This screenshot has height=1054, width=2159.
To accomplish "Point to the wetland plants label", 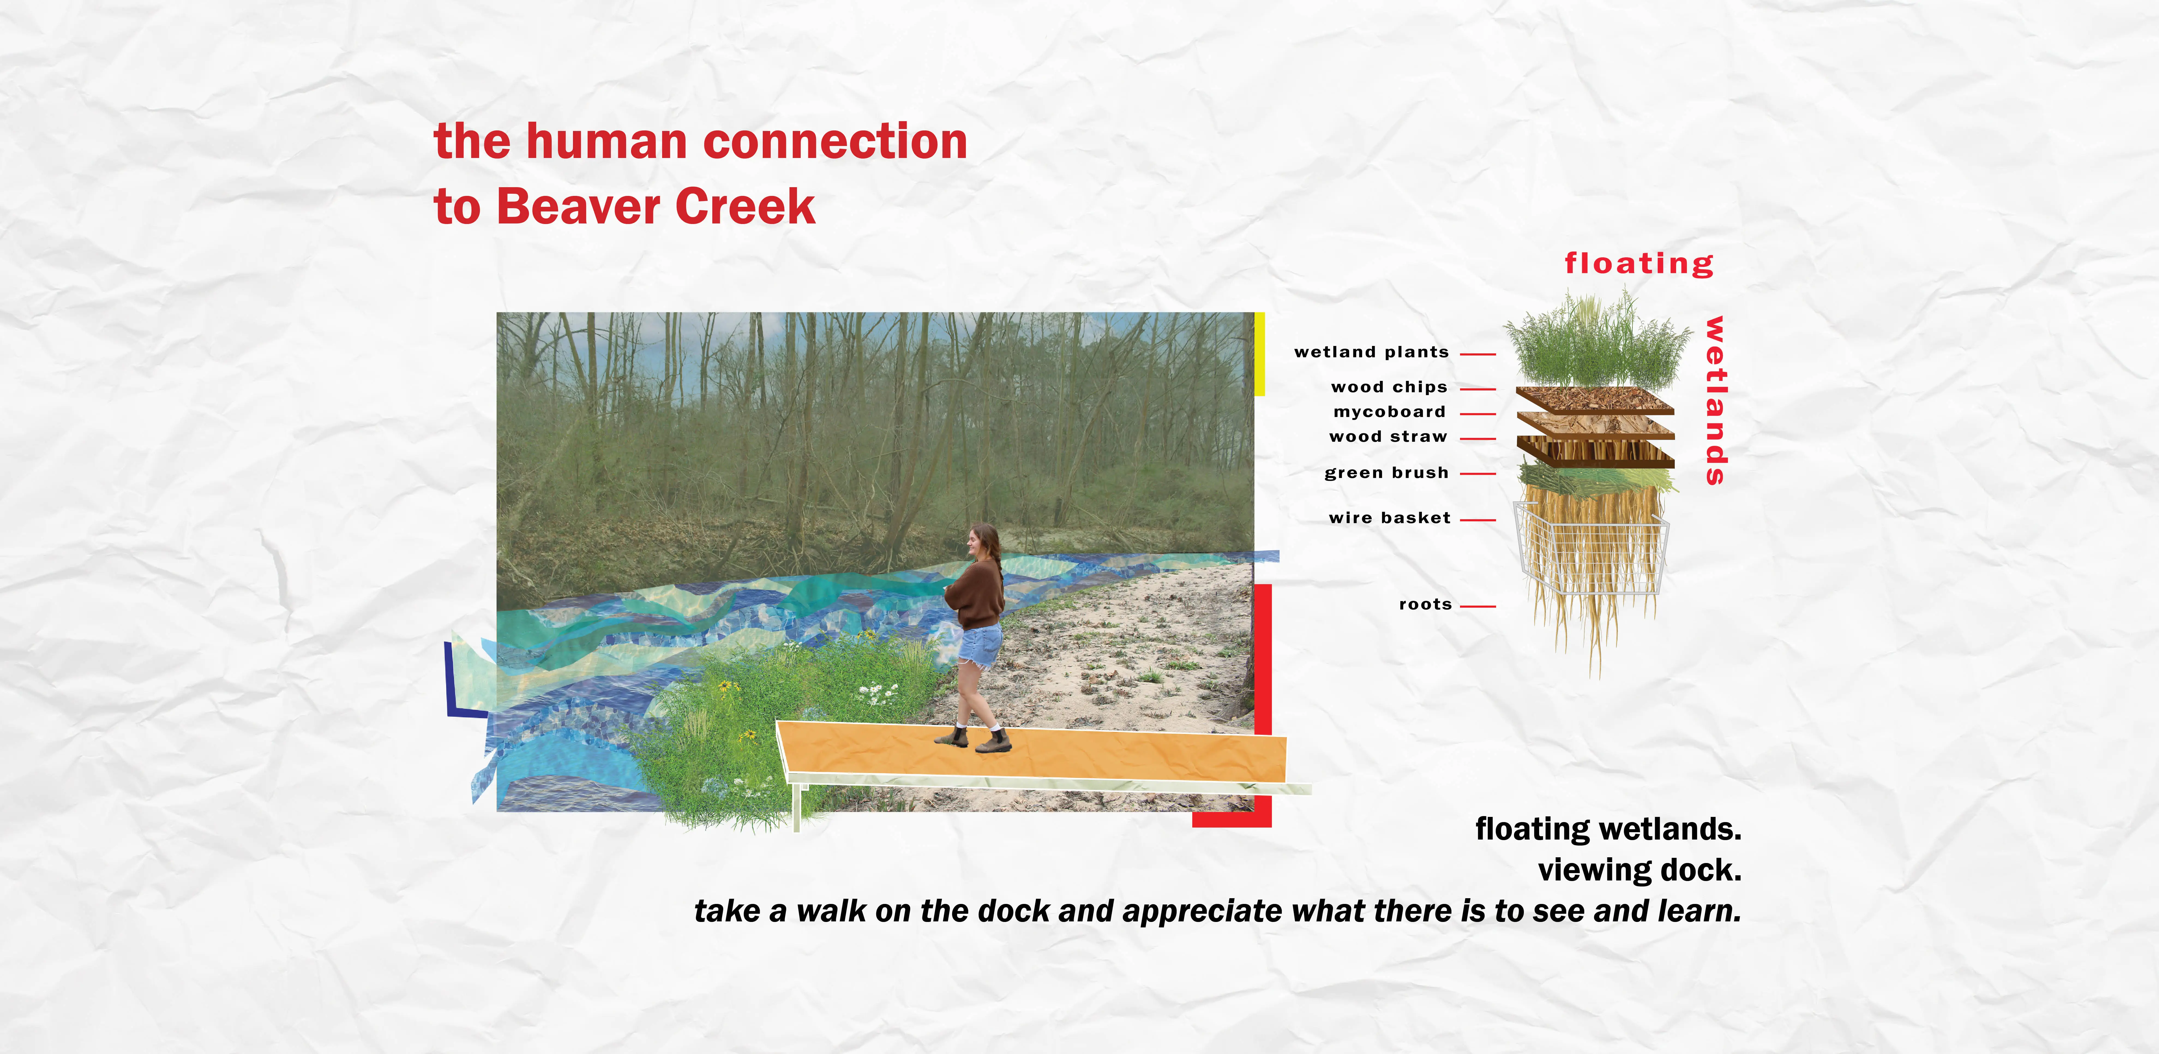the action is (1371, 352).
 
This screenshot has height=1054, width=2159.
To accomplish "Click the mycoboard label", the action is (1390, 412).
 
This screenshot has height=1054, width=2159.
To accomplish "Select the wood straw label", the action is (1388, 436).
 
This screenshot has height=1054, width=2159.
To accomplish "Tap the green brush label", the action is (1386, 473).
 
